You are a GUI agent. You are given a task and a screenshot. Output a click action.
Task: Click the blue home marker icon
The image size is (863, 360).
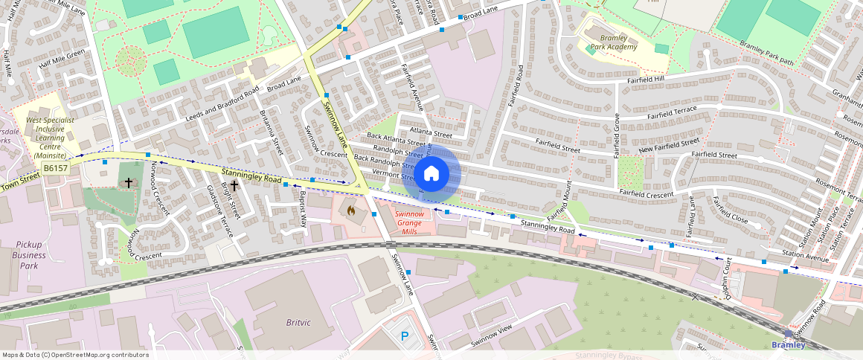[x=431, y=174]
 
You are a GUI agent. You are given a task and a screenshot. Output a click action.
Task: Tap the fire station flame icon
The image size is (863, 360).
[x=351, y=210]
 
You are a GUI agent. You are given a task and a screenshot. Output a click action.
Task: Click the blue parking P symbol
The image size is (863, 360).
[x=405, y=335]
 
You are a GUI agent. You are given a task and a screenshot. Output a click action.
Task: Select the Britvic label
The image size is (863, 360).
[x=298, y=322]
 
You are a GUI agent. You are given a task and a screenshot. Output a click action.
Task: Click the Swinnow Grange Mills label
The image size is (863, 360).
[x=410, y=222]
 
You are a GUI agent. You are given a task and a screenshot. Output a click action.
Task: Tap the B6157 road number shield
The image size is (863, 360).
[x=55, y=169]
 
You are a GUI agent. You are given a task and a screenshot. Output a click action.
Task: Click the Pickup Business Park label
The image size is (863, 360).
[x=29, y=255]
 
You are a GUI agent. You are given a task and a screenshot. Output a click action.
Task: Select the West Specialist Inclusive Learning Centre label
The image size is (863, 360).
[x=50, y=137]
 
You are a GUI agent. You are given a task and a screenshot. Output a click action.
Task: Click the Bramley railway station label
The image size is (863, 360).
[x=788, y=344]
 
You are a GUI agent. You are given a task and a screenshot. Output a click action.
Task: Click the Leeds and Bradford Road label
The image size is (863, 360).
[x=222, y=104]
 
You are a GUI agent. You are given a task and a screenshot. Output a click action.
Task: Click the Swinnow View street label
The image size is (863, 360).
[x=492, y=336]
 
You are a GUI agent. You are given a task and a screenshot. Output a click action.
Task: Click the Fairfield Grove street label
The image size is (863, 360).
[x=616, y=135]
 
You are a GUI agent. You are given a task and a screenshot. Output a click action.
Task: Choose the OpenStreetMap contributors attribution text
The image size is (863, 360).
[x=75, y=355]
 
